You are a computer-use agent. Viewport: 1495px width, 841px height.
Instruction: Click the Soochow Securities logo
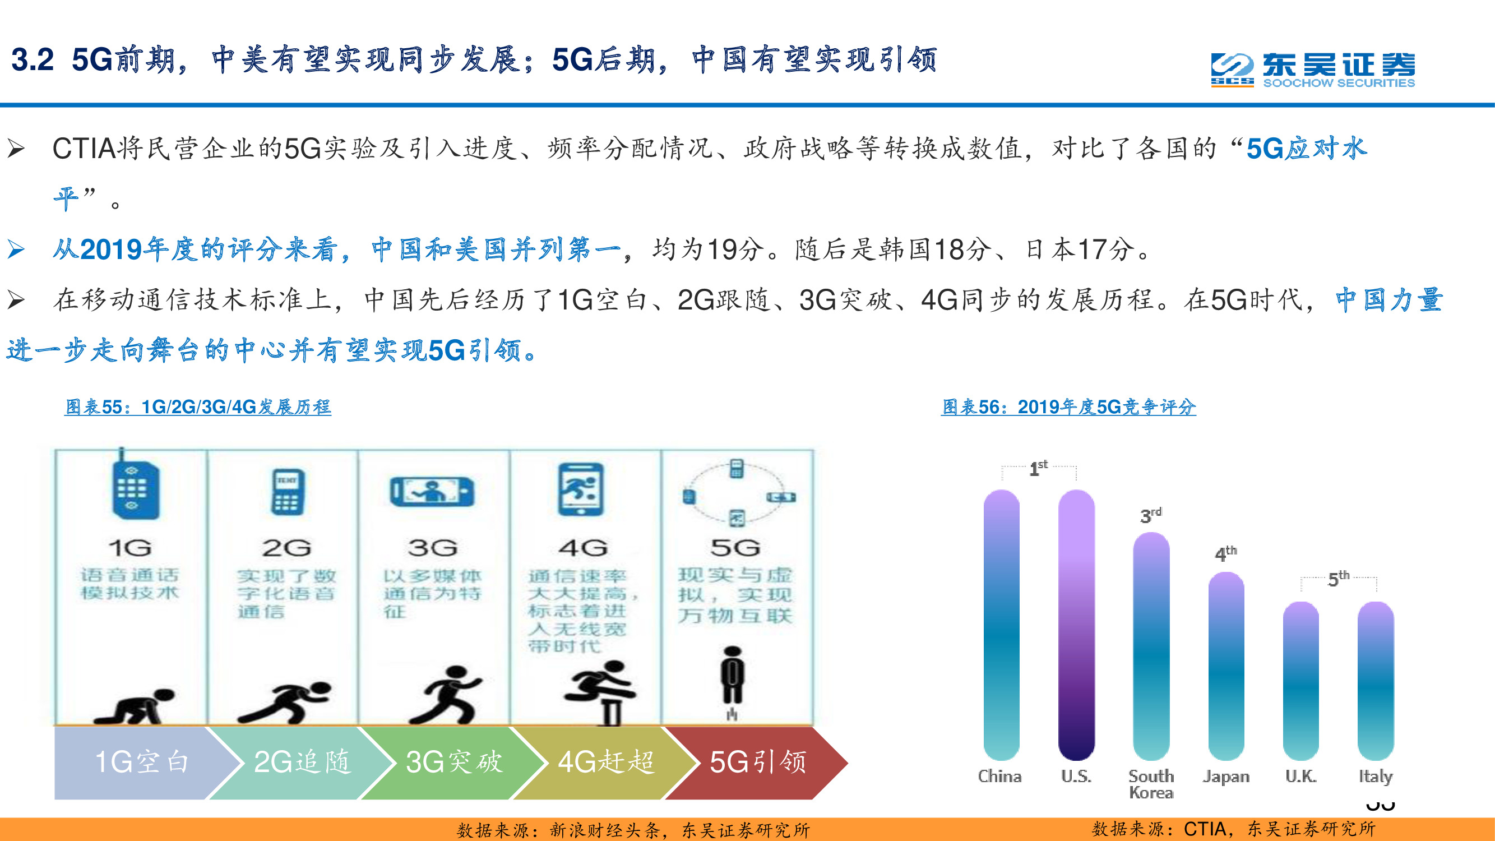click(1313, 70)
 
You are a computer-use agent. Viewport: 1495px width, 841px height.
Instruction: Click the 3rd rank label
click(1150, 515)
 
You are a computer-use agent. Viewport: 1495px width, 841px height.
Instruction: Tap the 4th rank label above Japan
click(1225, 553)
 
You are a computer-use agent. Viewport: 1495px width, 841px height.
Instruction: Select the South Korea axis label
click(1151, 784)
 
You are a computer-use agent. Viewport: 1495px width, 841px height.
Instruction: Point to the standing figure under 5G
click(733, 676)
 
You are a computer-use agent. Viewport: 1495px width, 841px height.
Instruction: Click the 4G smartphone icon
click(580, 490)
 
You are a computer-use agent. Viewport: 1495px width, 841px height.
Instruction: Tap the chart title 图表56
click(1068, 407)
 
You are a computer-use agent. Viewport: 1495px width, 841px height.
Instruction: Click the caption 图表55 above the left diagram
click(198, 407)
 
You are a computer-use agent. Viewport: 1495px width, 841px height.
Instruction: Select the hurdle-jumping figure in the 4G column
click(601, 691)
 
